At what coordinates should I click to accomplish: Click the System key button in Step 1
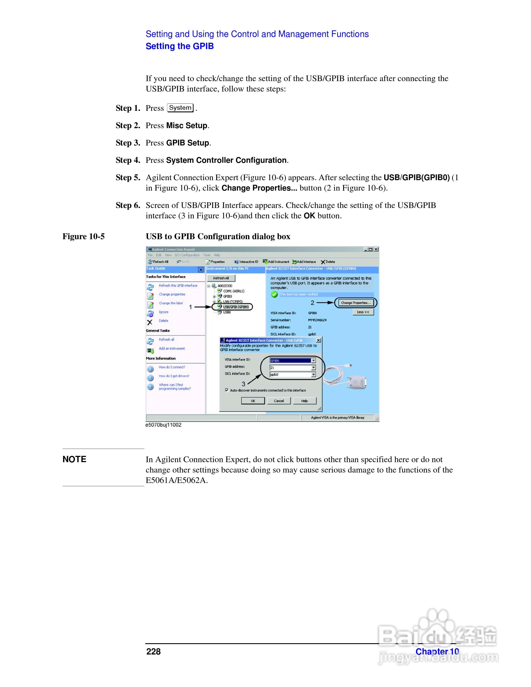point(180,108)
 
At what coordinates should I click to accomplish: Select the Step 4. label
point(128,160)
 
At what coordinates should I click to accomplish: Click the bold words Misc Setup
point(187,126)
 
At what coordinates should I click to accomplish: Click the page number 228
point(154,651)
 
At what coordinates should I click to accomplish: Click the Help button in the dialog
point(304,401)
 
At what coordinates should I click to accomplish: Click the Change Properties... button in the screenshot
point(356,303)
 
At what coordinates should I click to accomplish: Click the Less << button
point(363,312)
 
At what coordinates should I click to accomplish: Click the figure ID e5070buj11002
point(163,425)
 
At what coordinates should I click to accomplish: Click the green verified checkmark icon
point(274,294)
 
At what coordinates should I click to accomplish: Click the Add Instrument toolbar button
point(276,262)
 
